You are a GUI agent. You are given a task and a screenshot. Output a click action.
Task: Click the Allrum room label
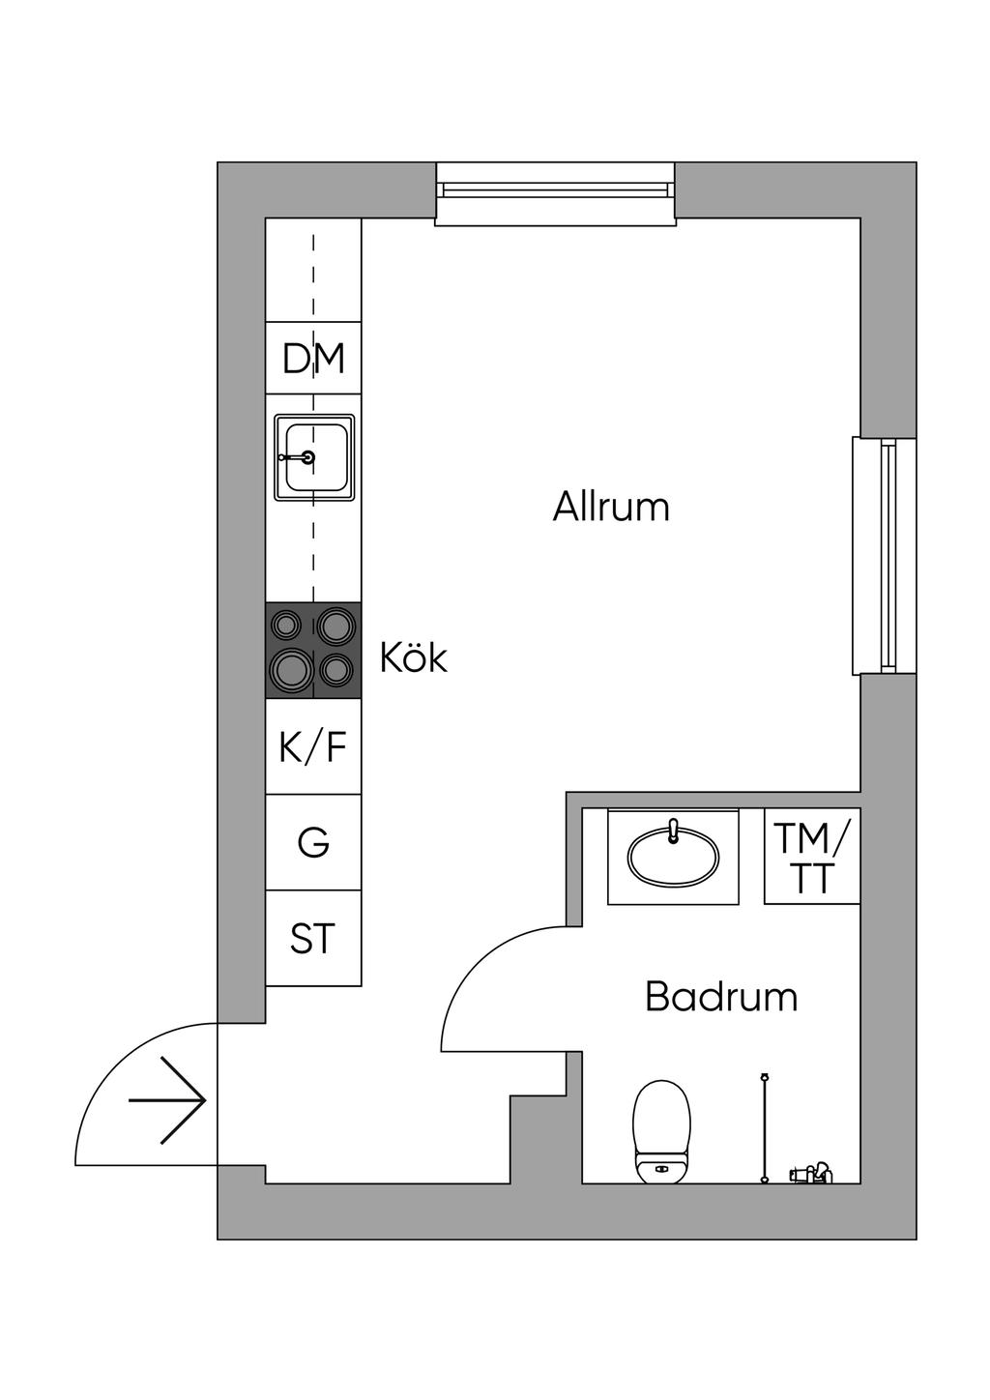point(611,507)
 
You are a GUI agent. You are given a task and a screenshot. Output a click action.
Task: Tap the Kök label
point(414,657)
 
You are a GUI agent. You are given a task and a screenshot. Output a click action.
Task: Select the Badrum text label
point(721,997)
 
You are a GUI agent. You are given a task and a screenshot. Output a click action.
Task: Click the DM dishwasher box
point(313,358)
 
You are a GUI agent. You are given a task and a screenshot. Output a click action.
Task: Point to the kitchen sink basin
point(314,457)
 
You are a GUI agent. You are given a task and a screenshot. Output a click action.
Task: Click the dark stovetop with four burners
point(313,650)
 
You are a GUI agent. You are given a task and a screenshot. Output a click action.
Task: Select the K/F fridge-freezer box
point(313,746)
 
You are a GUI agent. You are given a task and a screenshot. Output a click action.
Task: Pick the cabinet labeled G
point(313,842)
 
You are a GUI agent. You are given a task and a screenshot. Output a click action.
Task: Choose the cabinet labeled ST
point(313,938)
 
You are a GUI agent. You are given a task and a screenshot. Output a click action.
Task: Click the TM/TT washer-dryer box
point(812,856)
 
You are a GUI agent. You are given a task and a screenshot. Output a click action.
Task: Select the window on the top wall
point(556,193)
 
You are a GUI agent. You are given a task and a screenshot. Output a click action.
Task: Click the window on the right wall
point(885,556)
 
